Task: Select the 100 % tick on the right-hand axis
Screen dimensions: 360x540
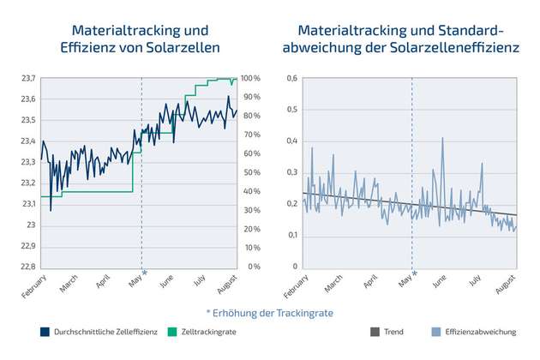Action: [251, 79]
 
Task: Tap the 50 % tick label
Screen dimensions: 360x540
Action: [251, 172]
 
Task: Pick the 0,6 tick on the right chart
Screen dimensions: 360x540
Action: [292, 79]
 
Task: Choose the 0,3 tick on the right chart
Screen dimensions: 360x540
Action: [292, 172]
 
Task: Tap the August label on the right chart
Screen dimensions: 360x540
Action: [506, 284]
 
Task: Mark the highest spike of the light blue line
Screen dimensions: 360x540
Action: [442, 137]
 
